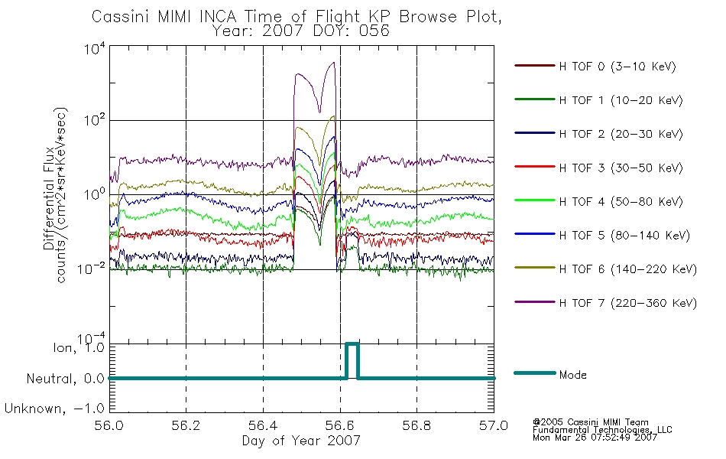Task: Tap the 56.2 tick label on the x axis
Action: [x=186, y=425]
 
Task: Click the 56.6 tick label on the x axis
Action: [x=340, y=425]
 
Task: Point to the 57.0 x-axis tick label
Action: [x=494, y=425]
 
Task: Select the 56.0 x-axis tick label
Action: [x=109, y=425]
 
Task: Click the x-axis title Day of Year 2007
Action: [x=301, y=441]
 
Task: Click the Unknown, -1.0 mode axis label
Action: [x=54, y=409]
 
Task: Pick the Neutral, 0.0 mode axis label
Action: [x=65, y=379]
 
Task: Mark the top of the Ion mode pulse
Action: [x=352, y=343]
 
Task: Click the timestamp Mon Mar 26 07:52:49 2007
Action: [x=595, y=438]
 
